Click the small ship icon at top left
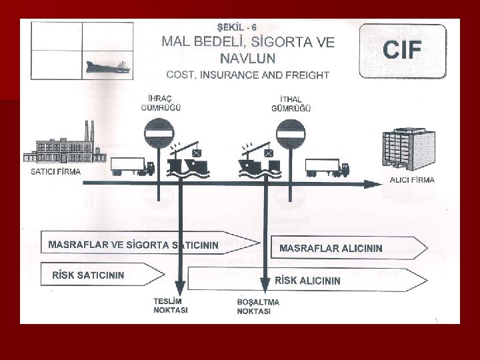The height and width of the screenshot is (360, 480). [x=107, y=67]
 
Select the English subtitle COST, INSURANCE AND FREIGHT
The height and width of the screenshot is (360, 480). [x=249, y=75]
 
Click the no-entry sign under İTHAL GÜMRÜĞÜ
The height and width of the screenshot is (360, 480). [x=290, y=134]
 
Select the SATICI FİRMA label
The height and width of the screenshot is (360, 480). [x=56, y=171]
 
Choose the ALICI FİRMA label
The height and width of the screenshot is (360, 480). [x=411, y=180]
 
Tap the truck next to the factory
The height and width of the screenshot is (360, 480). [x=132, y=166]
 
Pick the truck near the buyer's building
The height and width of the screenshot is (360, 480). [x=327, y=167]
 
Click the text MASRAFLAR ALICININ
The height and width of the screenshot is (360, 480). [x=331, y=248]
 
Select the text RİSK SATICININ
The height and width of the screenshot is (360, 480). [x=88, y=275]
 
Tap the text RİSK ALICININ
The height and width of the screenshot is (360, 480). [x=308, y=280]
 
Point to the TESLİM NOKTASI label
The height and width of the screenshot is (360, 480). [x=171, y=306]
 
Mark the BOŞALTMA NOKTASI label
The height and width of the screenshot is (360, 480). [x=258, y=307]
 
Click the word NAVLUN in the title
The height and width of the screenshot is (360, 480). [x=248, y=56]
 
